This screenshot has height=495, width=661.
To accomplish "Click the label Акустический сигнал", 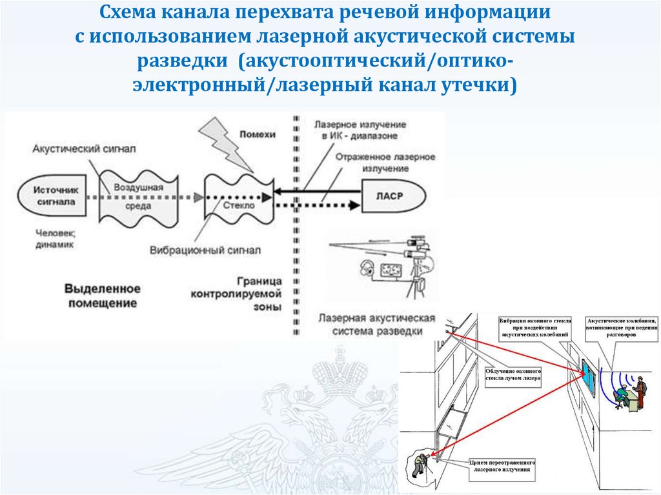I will pos(85,148).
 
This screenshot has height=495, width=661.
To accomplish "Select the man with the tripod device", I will pos(420,464).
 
